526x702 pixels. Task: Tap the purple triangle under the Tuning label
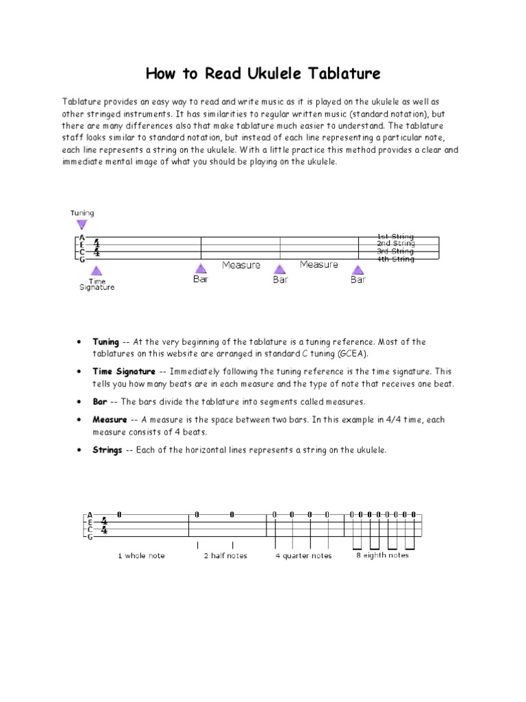click(x=82, y=224)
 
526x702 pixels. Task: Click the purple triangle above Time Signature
click(x=97, y=270)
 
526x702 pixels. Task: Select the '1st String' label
click(x=395, y=237)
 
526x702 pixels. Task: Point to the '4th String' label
click(x=395, y=259)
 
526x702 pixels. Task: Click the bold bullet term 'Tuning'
click(x=105, y=341)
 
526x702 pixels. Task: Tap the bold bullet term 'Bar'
click(x=99, y=402)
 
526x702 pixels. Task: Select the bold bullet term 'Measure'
click(x=110, y=420)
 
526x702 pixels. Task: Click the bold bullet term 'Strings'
click(x=107, y=450)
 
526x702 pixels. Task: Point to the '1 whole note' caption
click(x=141, y=555)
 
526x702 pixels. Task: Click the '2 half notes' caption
click(x=225, y=555)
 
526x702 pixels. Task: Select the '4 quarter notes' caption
click(x=303, y=555)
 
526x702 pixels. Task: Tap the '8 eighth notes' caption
click(x=382, y=555)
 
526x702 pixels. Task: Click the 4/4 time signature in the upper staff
click(x=97, y=247)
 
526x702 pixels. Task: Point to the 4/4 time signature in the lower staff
click(x=104, y=525)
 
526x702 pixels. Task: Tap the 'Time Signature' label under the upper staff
click(x=97, y=285)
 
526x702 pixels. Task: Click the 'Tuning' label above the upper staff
click(x=82, y=213)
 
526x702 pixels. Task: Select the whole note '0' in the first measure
click(x=119, y=514)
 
